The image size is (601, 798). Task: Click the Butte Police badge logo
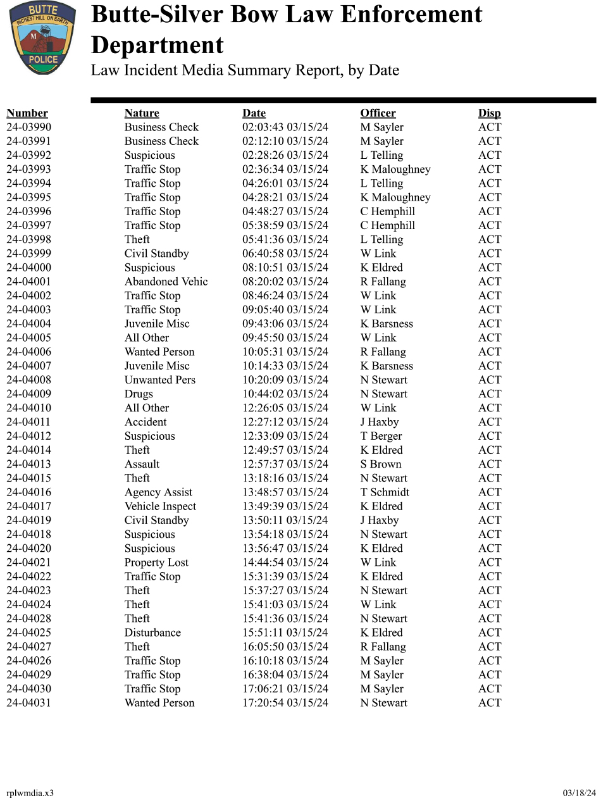click(42, 37)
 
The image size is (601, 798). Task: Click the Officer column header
click(378, 113)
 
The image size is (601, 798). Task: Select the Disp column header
click(489, 113)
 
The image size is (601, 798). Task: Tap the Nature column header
click(142, 113)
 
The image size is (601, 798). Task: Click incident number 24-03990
click(29, 127)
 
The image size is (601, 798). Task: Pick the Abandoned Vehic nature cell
click(166, 282)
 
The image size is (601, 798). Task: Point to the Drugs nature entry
click(139, 394)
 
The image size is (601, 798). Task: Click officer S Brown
click(381, 464)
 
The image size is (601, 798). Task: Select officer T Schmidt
click(385, 492)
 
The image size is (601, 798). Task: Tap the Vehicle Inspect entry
click(160, 506)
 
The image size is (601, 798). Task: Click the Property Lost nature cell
click(156, 562)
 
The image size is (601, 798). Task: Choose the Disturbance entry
click(152, 632)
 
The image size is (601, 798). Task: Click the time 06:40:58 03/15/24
click(285, 254)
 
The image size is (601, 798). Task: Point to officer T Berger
click(381, 436)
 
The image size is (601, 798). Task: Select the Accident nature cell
click(146, 422)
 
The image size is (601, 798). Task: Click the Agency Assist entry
click(158, 492)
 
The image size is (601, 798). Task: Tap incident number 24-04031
click(29, 702)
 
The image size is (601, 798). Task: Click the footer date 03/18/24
click(579, 793)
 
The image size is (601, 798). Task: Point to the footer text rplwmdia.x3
click(30, 793)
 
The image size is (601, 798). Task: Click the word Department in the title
click(157, 46)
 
